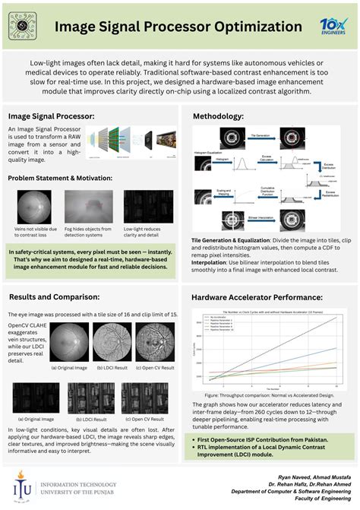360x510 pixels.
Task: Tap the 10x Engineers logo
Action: coord(333,25)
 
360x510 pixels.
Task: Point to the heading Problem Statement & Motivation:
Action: coord(60,178)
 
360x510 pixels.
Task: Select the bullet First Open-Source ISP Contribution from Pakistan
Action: coord(262,440)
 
